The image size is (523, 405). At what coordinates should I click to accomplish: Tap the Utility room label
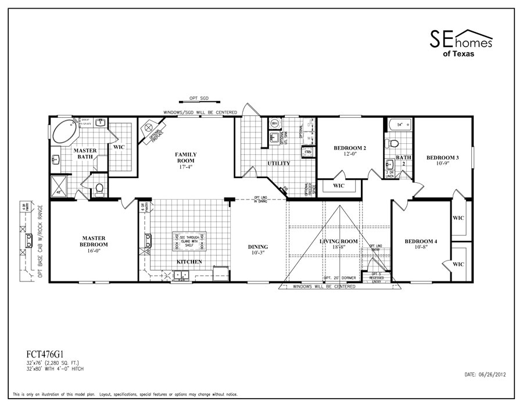(x=278, y=164)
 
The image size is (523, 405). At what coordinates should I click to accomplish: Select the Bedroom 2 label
(x=349, y=151)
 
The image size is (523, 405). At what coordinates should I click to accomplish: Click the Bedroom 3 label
(x=442, y=161)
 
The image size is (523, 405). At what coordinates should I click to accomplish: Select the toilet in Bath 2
(x=394, y=143)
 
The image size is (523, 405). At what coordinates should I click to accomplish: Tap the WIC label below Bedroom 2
(x=339, y=186)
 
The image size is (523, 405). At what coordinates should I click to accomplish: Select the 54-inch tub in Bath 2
(x=399, y=125)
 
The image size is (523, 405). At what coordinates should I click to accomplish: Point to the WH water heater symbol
(x=274, y=123)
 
